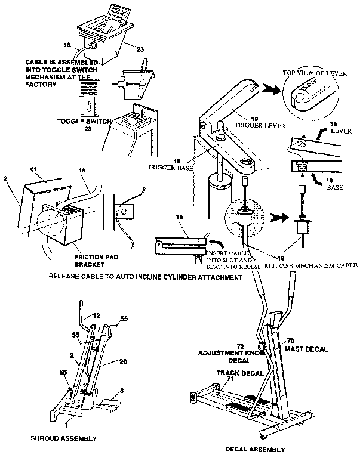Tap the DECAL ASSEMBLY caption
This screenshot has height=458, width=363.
click(x=255, y=449)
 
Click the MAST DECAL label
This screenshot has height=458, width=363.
click(x=306, y=349)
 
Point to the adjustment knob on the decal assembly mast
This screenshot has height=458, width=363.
click(x=262, y=346)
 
